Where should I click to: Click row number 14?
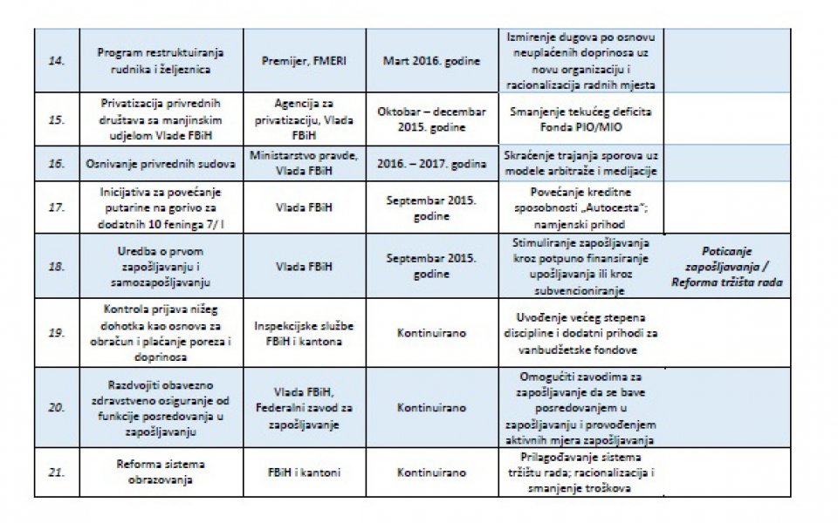tap(56, 61)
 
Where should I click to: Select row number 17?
tap(56, 207)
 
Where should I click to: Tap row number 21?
tap(56, 472)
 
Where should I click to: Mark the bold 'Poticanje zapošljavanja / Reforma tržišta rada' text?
tap(727, 266)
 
